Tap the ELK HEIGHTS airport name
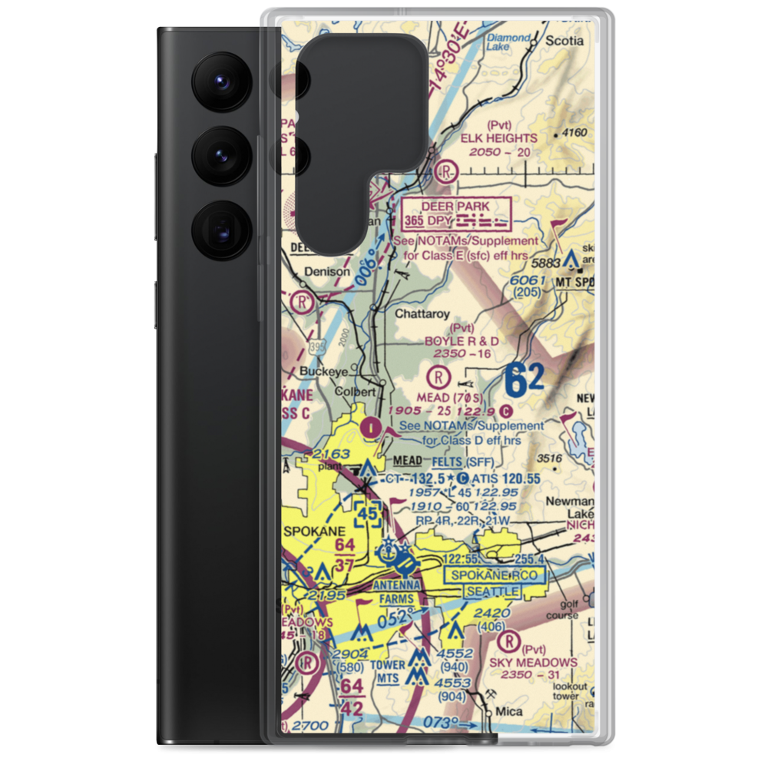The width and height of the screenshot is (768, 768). point(500,138)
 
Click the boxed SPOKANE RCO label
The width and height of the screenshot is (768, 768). point(495,574)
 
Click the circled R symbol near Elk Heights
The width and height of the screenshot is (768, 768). point(446,170)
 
